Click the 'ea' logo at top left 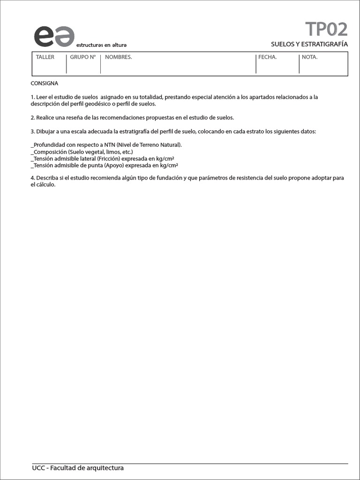click(53, 36)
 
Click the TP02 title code click(326, 29)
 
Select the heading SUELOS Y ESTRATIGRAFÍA click(309, 44)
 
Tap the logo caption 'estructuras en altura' click(101, 45)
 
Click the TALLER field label click(45, 57)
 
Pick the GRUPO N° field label click(83, 57)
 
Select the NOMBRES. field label click(118, 57)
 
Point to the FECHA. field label click(267, 57)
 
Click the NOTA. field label click(309, 57)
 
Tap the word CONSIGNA click(45, 83)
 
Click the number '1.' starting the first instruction click(33, 97)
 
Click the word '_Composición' click(48, 152)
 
